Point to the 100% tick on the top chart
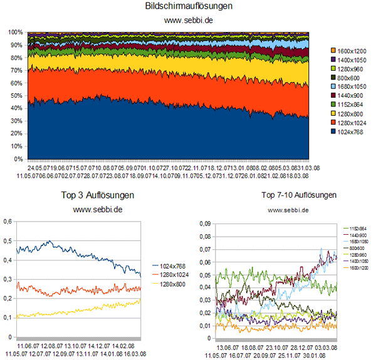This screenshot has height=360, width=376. point(15,31)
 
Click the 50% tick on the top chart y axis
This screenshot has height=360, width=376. point(17,95)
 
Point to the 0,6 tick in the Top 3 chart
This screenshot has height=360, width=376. point(8,221)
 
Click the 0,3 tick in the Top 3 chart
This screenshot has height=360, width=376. point(8,279)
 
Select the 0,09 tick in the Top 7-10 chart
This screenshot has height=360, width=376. point(205,222)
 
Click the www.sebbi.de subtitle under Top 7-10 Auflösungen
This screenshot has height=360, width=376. point(288,210)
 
